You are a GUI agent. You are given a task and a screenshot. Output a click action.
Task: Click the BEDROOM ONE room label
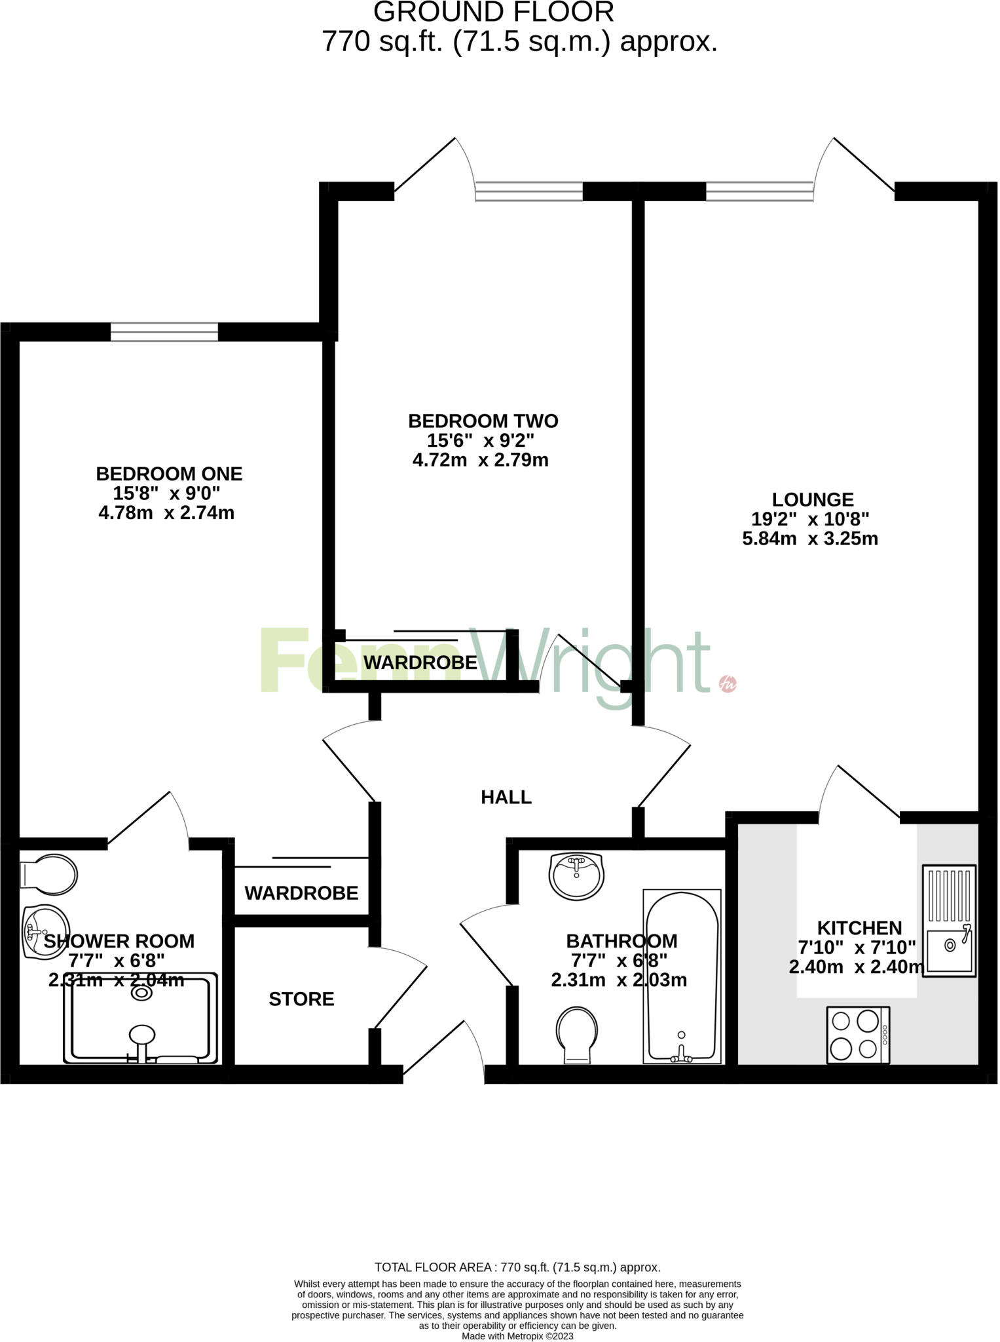(169, 474)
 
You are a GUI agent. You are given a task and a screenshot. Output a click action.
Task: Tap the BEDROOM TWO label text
(483, 421)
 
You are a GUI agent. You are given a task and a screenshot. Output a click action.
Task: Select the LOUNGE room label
(812, 500)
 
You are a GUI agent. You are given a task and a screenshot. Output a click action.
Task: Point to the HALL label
(506, 797)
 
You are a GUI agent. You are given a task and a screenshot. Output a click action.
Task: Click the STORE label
(301, 999)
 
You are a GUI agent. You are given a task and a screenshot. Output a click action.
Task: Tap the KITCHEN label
(859, 928)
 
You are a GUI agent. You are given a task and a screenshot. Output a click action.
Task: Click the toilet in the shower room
(50, 874)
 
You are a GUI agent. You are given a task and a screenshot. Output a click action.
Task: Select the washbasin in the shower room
(43, 931)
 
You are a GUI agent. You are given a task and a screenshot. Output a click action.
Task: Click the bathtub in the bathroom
(682, 976)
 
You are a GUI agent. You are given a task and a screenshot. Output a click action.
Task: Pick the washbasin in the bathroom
(576, 876)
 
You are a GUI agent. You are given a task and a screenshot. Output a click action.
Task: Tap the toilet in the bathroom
(577, 1035)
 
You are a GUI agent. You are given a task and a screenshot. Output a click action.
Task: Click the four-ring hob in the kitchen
(858, 1035)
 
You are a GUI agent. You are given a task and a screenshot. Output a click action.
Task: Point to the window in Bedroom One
(164, 332)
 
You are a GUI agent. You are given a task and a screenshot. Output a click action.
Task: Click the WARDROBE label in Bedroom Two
(420, 662)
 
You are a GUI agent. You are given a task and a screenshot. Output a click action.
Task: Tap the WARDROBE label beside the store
(301, 892)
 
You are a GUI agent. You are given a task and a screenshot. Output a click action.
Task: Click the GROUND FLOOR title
(494, 12)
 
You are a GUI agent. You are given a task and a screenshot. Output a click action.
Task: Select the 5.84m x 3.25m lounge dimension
(809, 539)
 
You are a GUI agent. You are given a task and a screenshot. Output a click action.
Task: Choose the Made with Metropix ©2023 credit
(517, 1335)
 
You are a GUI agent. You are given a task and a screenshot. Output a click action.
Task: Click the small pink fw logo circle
(728, 683)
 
